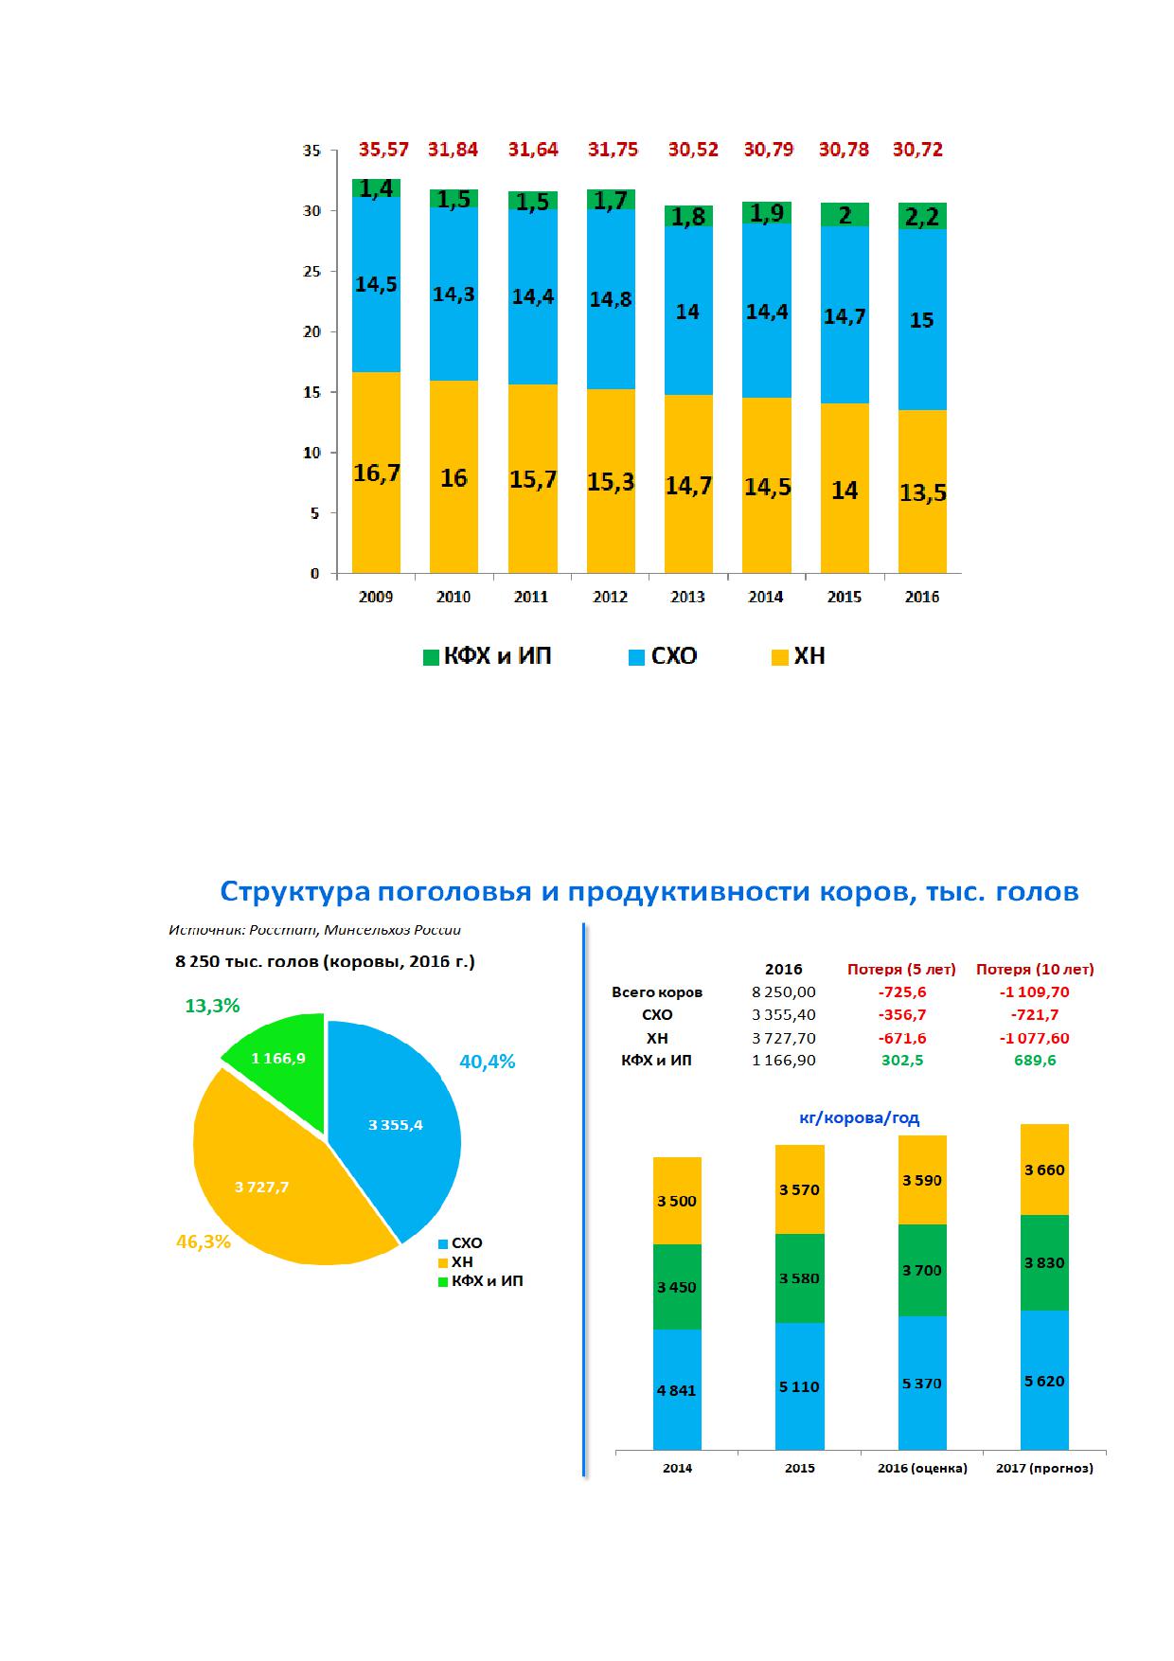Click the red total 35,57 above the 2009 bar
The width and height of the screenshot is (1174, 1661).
click(x=383, y=150)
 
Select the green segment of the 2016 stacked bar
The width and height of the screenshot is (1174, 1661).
click(x=922, y=216)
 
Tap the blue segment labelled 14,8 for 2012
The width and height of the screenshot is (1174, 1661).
click(x=611, y=299)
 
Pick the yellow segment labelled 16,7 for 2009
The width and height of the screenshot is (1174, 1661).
click(x=376, y=472)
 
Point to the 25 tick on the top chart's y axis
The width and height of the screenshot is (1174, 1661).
click(x=311, y=272)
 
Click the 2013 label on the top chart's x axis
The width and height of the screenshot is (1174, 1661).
click(x=688, y=597)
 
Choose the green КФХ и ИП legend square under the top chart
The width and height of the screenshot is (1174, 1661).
click(x=431, y=657)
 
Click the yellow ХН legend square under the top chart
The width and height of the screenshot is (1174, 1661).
click(x=780, y=657)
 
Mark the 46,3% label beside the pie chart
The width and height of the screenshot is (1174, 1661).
click(x=204, y=1241)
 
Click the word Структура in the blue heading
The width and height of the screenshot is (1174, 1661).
click(x=295, y=892)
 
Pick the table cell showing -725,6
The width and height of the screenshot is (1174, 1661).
click(x=901, y=992)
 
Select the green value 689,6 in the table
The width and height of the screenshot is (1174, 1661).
click(x=1035, y=1061)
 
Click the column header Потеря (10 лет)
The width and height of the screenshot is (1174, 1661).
click(x=1035, y=970)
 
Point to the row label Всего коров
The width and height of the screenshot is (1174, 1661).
click(x=657, y=992)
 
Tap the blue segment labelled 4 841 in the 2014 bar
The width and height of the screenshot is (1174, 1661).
click(x=677, y=1389)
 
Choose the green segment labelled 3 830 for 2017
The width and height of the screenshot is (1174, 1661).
click(x=1044, y=1262)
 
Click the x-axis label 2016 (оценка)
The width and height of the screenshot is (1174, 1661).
click(x=922, y=1469)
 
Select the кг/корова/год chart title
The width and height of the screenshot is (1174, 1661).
click(x=860, y=1117)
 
